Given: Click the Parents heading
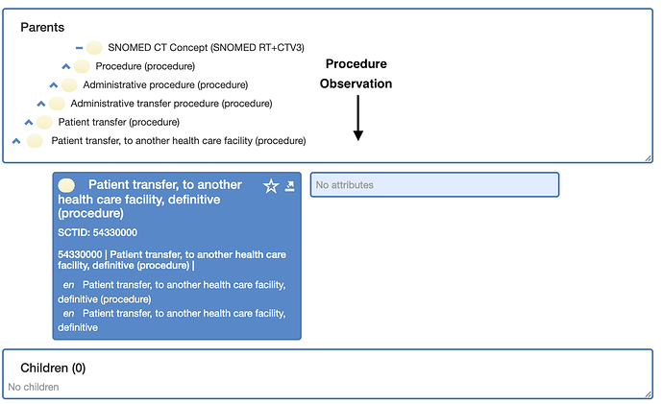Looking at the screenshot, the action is [42, 28].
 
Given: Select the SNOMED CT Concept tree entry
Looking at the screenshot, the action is [206, 47].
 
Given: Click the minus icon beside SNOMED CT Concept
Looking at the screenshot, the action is [79, 48].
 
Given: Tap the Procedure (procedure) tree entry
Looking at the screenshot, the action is [145, 66].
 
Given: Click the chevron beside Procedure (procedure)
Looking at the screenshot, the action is [66, 66].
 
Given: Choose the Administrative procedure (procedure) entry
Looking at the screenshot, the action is [165, 84].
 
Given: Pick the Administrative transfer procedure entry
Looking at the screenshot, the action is [171, 104].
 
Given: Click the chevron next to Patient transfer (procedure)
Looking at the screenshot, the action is [29, 122].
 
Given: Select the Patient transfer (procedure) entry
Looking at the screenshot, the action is [119, 122].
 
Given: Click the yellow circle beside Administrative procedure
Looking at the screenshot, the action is [69, 84].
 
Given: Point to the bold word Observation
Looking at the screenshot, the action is [356, 83].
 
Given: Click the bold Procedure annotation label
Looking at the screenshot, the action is [356, 63].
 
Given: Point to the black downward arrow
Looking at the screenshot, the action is [358, 118].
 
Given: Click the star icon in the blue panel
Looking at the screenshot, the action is [271, 186].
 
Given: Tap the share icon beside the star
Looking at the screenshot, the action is [289, 186].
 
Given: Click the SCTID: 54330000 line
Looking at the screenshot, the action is [98, 232].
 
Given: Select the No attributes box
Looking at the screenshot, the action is [434, 184].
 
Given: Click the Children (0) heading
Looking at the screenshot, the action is [53, 368].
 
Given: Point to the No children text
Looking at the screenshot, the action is [34, 387].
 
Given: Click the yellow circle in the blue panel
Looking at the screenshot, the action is [66, 185].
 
